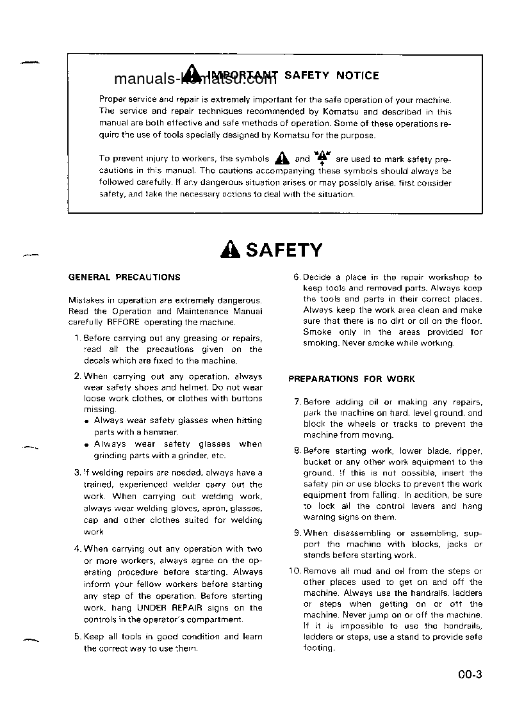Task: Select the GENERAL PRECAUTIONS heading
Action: pyautogui.click(x=124, y=277)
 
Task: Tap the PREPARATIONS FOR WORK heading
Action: pyautogui.click(x=352, y=379)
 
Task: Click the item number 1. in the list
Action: pyautogui.click(x=77, y=338)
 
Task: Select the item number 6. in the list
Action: pyautogui.click(x=297, y=277)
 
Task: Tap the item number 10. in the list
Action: pyautogui.click(x=295, y=571)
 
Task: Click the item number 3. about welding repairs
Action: pyautogui.click(x=77, y=473)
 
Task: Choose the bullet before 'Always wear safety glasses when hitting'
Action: pyautogui.click(x=87, y=421)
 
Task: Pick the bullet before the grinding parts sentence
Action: pyautogui.click(x=87, y=445)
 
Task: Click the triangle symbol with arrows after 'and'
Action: pyautogui.click(x=322, y=157)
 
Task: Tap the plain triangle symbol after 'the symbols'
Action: pyautogui.click(x=281, y=159)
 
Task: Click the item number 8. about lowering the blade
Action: pyautogui.click(x=297, y=451)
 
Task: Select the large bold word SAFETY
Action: pyautogui.click(x=284, y=250)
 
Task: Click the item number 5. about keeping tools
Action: pyautogui.click(x=77, y=636)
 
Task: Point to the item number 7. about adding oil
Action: pyautogui.click(x=297, y=402)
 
